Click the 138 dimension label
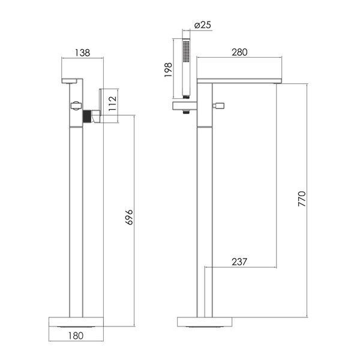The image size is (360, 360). click(83, 53)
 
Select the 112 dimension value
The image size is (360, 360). click(113, 104)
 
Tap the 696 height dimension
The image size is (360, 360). click(129, 217)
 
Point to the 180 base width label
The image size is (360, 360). click(76, 336)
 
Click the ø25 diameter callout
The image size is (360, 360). click(203, 25)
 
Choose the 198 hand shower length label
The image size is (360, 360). click(168, 70)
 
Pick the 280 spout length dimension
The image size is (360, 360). click(239, 52)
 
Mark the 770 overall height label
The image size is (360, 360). click(302, 199)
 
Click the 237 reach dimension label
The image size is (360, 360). click(239, 262)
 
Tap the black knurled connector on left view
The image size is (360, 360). click(87, 116)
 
